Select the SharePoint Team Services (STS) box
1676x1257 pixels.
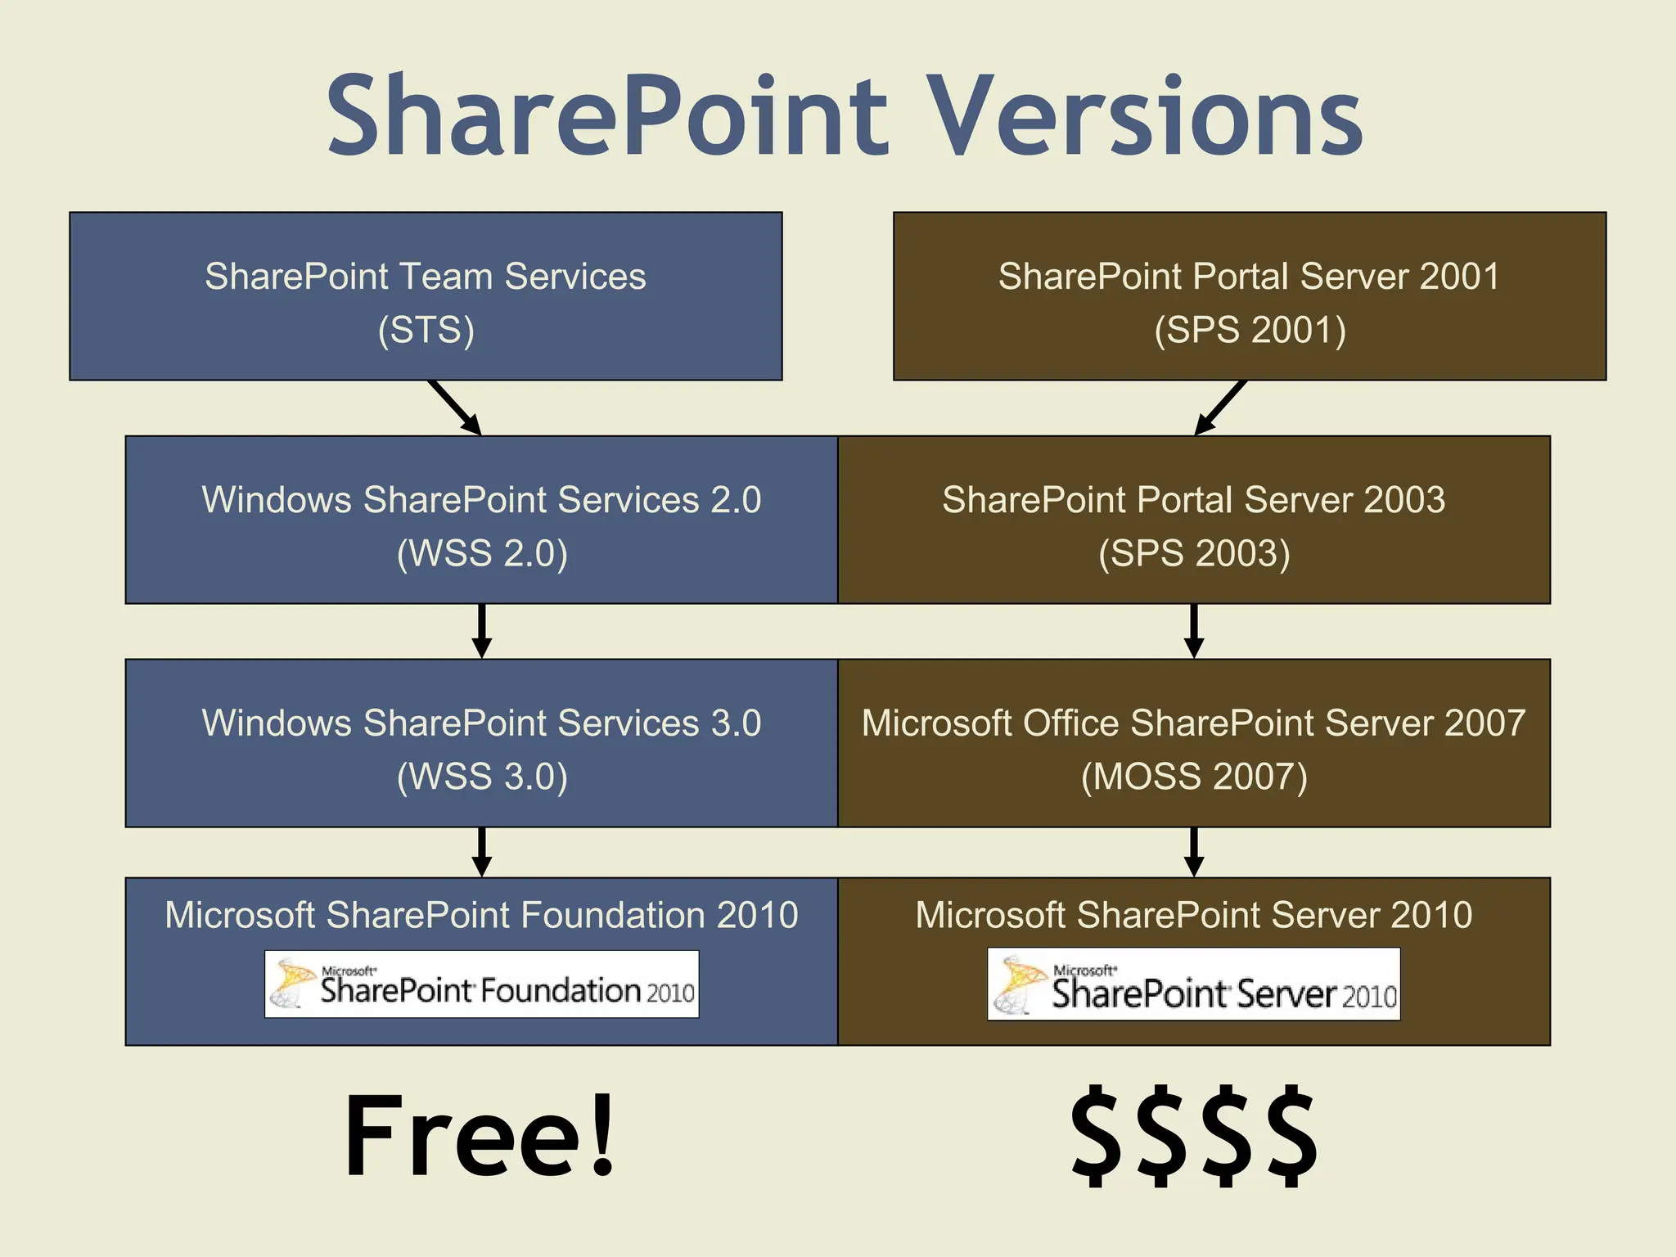(x=426, y=296)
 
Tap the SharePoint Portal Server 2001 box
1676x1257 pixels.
(x=1250, y=296)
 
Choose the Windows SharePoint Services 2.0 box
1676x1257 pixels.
(x=481, y=520)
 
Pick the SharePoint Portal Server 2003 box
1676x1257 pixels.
(x=1194, y=520)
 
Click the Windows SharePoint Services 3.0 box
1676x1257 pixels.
(x=481, y=742)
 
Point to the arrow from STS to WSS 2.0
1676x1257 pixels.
(x=454, y=408)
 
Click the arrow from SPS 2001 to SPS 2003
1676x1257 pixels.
(x=1220, y=408)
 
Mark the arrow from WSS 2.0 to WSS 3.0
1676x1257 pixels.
(x=482, y=631)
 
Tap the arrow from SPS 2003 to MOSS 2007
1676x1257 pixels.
(x=1194, y=631)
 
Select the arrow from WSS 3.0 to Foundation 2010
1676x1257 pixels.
(x=482, y=852)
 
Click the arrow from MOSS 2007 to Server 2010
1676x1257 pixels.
(x=1194, y=852)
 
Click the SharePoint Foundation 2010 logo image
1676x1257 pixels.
(x=481, y=984)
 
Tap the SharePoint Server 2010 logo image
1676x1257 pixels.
(x=1194, y=984)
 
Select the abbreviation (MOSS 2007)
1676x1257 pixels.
(x=1194, y=777)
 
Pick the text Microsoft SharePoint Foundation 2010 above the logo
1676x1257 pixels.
(x=481, y=915)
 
